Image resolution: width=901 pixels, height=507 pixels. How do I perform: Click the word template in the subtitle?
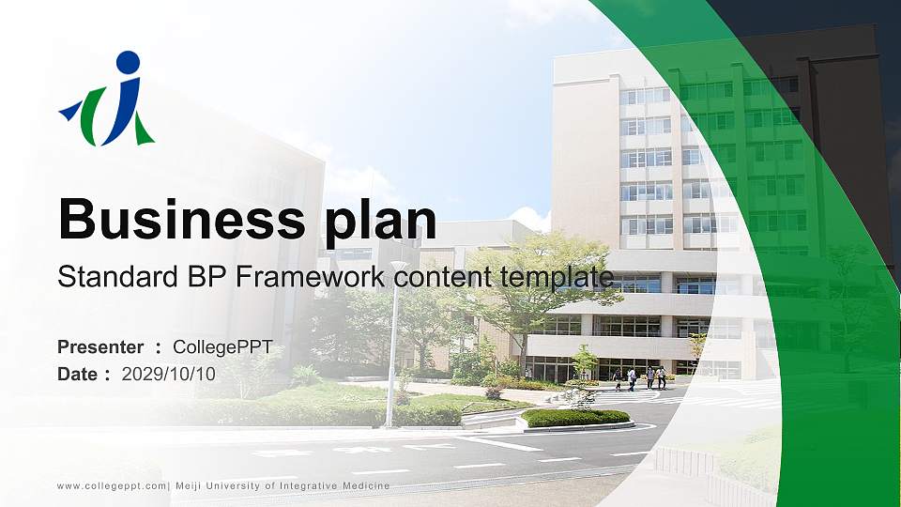pos(556,277)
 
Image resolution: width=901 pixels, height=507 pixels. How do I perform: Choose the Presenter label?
pos(100,347)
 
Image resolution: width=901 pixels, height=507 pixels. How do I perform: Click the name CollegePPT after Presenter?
pos(222,347)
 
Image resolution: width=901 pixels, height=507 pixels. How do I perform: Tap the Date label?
pos(79,374)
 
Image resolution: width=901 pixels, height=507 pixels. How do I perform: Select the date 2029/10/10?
pos(169,374)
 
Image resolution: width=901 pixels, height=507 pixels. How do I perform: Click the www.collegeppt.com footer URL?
pos(111,485)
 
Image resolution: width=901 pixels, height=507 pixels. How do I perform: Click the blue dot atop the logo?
pos(129,63)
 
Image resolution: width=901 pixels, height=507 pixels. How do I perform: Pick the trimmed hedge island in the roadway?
pos(574,417)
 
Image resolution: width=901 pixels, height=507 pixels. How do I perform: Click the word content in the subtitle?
pos(446,277)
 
